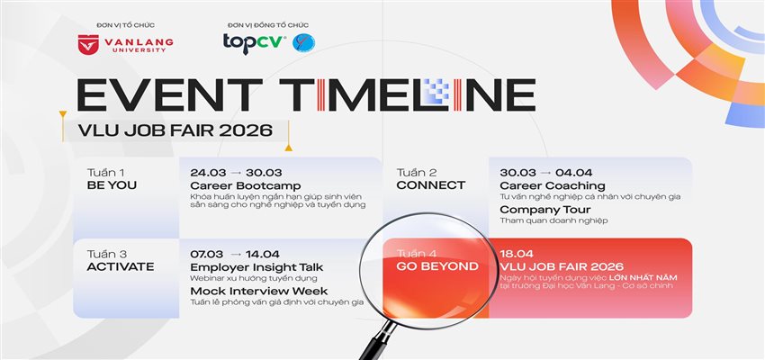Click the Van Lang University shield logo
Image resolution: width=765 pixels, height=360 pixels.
coord(87,42)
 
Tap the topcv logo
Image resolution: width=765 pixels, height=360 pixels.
coord(255,41)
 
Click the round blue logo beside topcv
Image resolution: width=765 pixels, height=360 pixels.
coord(304,42)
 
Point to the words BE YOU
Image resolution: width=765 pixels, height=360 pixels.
coord(112,185)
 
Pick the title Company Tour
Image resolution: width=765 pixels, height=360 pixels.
coord(537,209)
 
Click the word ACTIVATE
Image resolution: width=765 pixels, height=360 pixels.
coord(121,266)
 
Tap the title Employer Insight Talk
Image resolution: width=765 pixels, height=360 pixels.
coord(256,266)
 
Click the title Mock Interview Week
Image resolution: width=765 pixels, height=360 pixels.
coord(257,290)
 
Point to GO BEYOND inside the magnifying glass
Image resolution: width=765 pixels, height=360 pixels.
coord(436,266)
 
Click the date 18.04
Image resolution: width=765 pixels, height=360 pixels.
coord(517,254)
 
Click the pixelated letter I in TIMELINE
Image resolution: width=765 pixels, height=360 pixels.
coord(435,94)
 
